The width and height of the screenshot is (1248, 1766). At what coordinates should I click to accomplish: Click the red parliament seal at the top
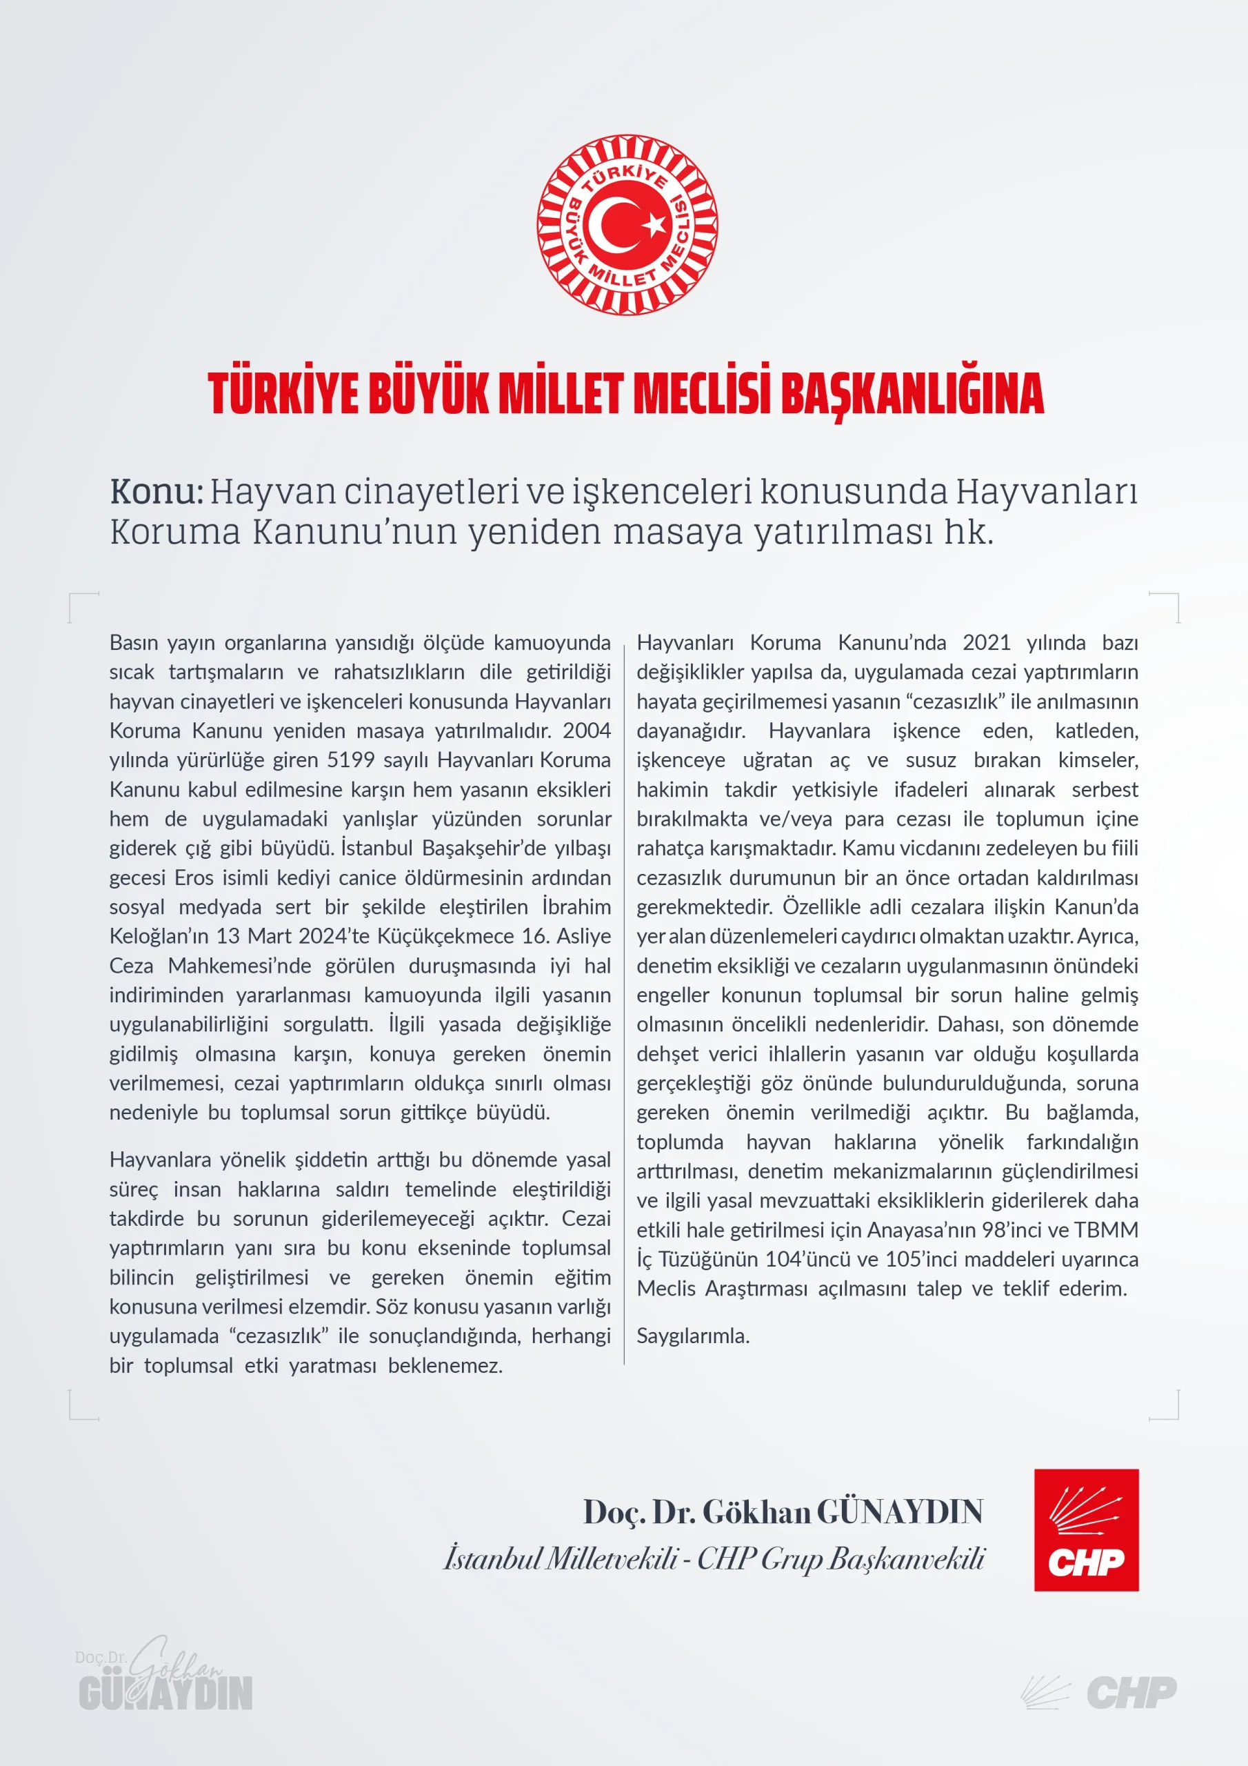click(x=627, y=225)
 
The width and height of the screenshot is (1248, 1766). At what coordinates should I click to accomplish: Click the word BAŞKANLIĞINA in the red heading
click(x=912, y=394)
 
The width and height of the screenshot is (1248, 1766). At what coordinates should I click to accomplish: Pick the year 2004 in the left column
click(x=586, y=730)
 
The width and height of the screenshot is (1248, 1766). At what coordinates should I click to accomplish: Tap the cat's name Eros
click(x=194, y=877)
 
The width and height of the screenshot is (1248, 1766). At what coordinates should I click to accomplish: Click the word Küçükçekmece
click(x=445, y=936)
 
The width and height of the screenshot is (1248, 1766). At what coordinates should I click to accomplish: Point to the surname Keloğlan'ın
click(x=159, y=936)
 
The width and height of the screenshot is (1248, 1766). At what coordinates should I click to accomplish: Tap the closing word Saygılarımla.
click(x=693, y=1336)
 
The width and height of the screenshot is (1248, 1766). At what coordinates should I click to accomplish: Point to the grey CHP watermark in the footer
click(x=1131, y=1693)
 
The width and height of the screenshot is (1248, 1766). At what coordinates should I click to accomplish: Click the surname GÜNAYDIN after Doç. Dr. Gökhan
click(x=899, y=1511)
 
